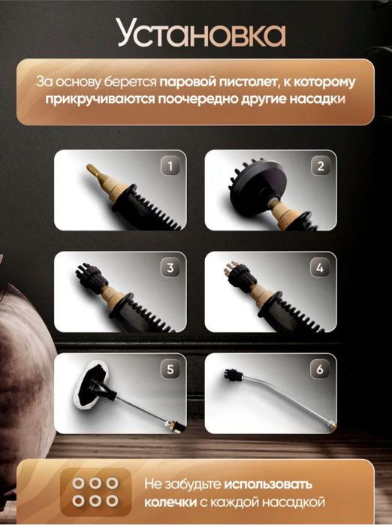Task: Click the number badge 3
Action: click(x=171, y=267)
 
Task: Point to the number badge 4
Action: click(x=320, y=267)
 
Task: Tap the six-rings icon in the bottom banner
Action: click(x=95, y=492)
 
